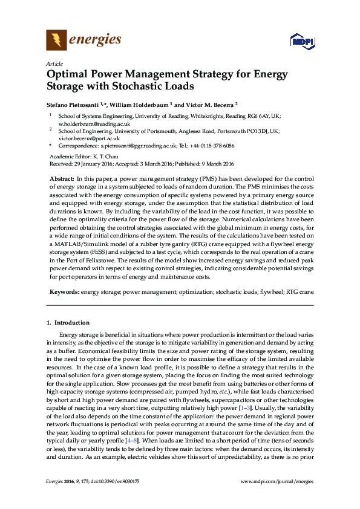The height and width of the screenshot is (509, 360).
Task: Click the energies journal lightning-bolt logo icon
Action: click(56, 40)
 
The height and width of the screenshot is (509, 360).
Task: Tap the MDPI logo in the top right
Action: click(301, 41)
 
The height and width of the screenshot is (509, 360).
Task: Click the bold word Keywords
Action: click(64, 292)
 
